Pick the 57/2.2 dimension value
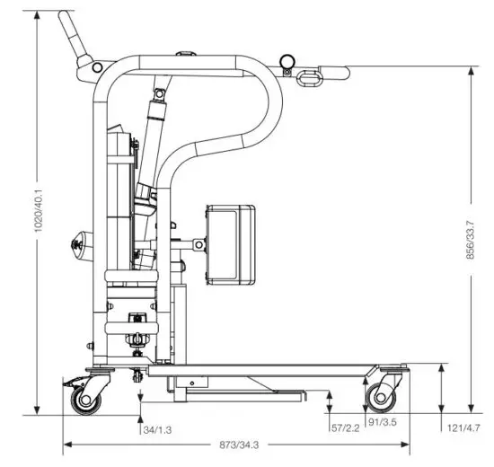coord(344,428)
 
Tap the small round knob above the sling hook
coord(287,61)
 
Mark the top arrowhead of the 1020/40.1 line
coord(37,14)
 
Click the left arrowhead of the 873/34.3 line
coord(65,445)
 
